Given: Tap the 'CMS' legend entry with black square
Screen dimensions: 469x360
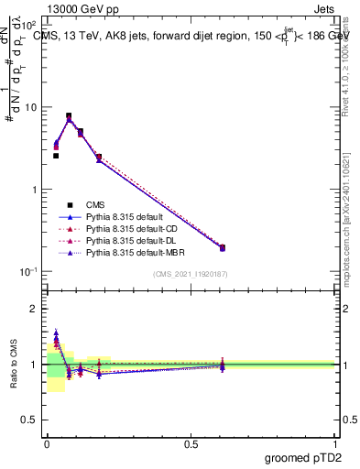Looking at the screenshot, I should pyautogui.click(x=96, y=204).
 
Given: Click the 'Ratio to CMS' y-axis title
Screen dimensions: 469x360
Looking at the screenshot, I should pyautogui.click(x=12, y=376).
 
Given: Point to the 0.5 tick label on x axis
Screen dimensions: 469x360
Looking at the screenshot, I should pyautogui.click(x=191, y=443).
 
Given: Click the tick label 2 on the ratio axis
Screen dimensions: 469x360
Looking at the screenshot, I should pyautogui.click(x=34, y=309).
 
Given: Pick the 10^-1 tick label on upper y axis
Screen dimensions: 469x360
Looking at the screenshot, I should pyautogui.click(x=27, y=272).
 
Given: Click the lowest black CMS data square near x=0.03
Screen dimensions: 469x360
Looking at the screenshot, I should pyautogui.click(x=56, y=156).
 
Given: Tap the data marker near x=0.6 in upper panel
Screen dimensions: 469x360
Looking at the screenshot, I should pyautogui.click(x=222, y=247).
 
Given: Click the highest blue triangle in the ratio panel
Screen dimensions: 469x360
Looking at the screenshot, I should pyautogui.click(x=56, y=334).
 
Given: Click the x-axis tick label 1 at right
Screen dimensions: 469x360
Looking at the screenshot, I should pyautogui.click(x=336, y=443).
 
